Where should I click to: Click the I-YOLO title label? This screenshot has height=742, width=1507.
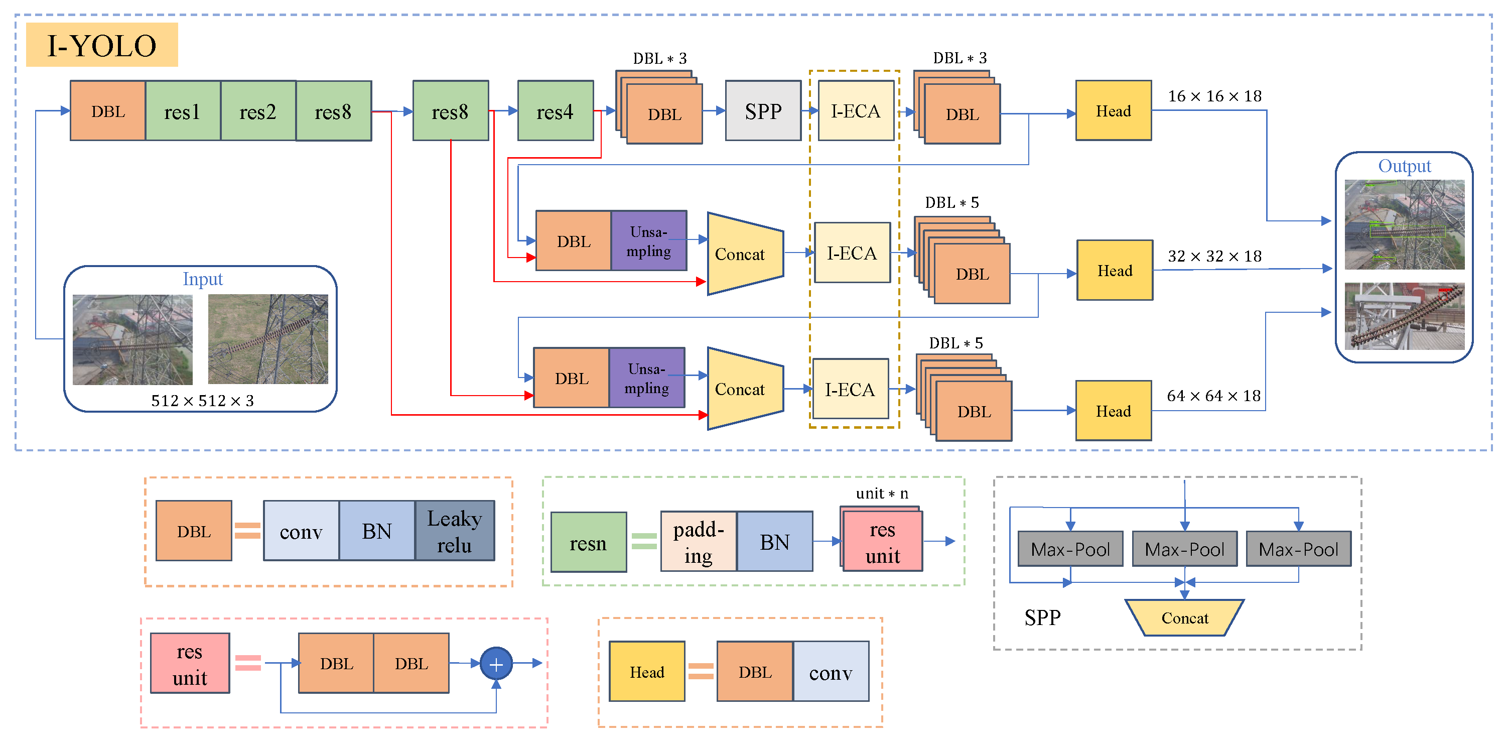(102, 45)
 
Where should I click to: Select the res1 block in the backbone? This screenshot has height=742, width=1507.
(183, 111)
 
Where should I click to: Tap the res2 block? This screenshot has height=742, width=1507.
(258, 111)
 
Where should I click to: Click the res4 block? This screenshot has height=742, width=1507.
(555, 111)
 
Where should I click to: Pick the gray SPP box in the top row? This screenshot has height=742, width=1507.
(763, 111)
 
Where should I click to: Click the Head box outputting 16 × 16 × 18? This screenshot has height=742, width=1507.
(1113, 111)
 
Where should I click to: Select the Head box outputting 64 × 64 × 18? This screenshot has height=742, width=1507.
(1113, 411)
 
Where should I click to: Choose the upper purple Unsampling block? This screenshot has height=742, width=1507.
(649, 241)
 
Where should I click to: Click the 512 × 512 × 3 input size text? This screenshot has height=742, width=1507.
(202, 401)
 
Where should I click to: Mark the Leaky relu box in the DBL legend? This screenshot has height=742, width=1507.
(455, 531)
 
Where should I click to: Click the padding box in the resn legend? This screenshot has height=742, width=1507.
(699, 542)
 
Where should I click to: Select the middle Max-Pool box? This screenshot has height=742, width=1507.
(1184, 549)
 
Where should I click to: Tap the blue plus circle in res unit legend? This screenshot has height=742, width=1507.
(496, 664)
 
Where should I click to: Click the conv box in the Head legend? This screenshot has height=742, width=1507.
(831, 672)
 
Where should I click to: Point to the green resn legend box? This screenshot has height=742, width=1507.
(589, 543)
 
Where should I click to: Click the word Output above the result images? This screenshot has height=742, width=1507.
(1404, 166)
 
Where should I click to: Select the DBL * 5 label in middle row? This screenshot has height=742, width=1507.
(952, 203)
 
